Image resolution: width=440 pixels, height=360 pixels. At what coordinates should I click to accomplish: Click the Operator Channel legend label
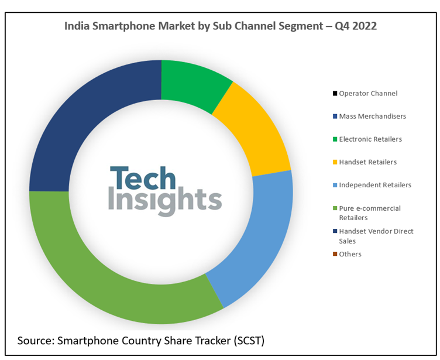click(x=368, y=93)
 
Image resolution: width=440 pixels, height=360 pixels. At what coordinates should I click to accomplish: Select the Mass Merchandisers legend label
click(x=372, y=116)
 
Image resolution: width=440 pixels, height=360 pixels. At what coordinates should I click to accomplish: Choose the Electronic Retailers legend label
click(x=370, y=139)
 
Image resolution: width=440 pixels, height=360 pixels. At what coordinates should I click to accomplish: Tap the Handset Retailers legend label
click(x=367, y=162)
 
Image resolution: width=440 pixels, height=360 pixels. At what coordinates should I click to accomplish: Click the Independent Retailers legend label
click(x=375, y=185)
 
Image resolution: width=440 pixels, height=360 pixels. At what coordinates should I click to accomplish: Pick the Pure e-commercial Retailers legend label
click(x=370, y=212)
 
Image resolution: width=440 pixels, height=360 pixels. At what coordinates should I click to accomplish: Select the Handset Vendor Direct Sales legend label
click(x=376, y=236)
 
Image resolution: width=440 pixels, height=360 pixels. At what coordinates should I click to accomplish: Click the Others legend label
click(x=350, y=254)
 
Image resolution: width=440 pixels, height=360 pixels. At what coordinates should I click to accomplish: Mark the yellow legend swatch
click(x=335, y=162)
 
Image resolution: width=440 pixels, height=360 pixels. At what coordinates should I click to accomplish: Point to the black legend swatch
click(x=335, y=94)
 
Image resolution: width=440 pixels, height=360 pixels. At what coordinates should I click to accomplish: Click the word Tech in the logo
click(x=143, y=178)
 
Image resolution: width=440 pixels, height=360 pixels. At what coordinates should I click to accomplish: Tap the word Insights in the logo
click(x=165, y=201)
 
